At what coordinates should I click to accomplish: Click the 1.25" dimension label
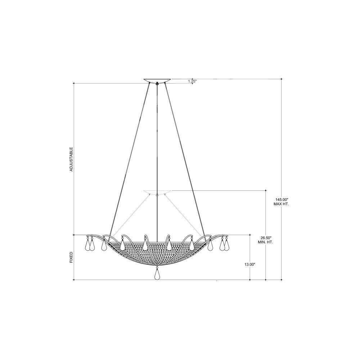(192, 81)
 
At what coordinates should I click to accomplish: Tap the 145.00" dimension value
(281, 199)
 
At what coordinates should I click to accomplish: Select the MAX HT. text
(281, 204)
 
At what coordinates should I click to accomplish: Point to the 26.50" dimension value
(265, 238)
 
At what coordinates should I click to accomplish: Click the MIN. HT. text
(265, 242)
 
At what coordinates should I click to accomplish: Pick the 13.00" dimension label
(250, 265)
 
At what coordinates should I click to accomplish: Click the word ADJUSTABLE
(71, 159)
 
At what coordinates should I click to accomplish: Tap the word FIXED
(71, 257)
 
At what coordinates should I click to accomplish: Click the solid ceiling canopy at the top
(157, 80)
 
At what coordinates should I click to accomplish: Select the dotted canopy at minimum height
(157, 192)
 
